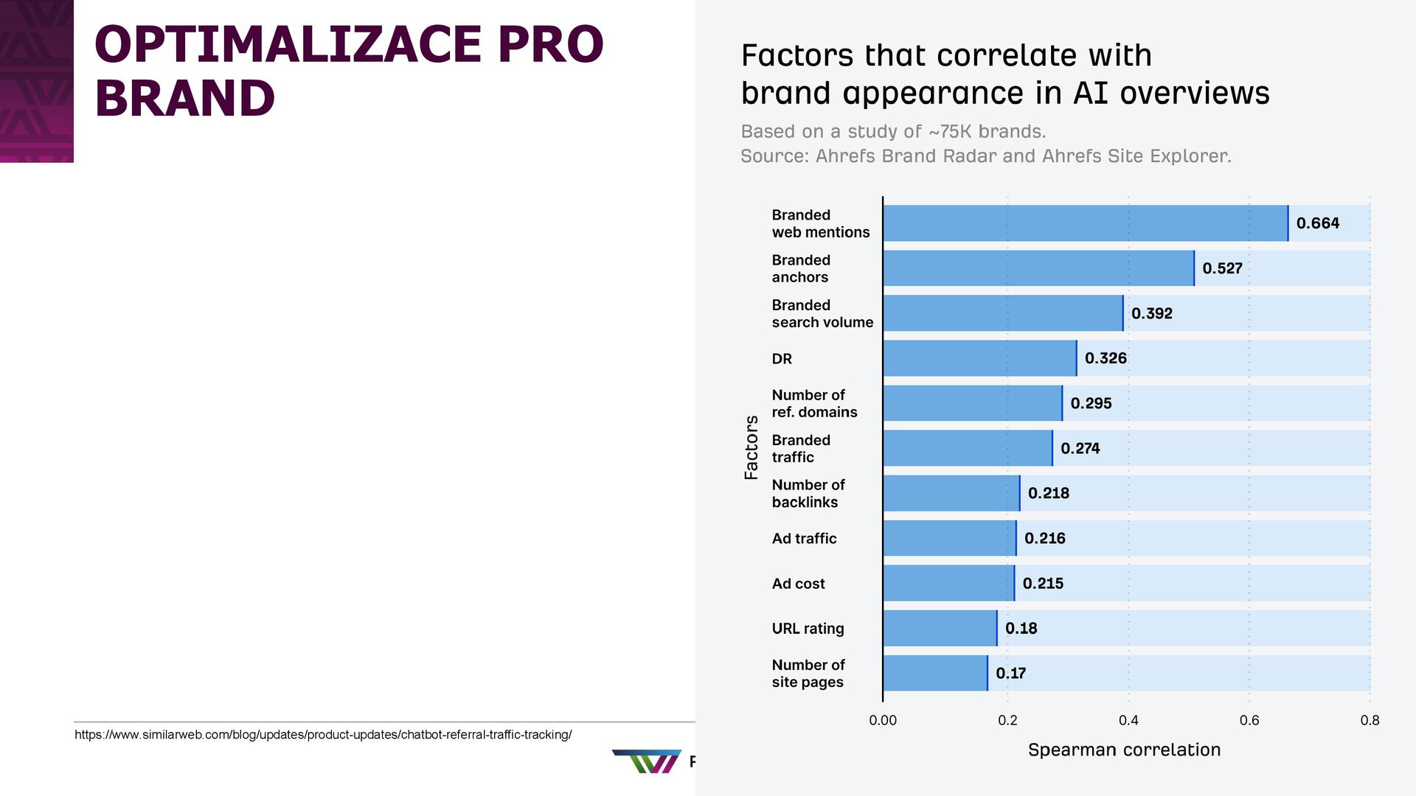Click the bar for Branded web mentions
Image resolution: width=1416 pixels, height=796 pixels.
point(1085,223)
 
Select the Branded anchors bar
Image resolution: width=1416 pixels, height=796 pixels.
point(1038,268)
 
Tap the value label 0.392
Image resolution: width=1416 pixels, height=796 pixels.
point(1151,313)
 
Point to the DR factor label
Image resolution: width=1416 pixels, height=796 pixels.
point(782,359)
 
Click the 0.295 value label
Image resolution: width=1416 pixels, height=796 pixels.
point(1091,403)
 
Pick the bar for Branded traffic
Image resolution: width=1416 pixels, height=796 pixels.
point(967,448)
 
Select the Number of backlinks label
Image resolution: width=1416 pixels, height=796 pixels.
point(808,493)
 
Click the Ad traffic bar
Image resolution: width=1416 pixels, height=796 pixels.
point(949,538)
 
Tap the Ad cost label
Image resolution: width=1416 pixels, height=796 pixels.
point(798,584)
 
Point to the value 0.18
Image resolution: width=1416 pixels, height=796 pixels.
point(1021,628)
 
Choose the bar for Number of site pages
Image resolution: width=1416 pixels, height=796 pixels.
point(934,673)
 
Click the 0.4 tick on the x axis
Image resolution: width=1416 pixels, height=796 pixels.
point(1128,720)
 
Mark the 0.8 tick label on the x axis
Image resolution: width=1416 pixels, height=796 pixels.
point(1370,720)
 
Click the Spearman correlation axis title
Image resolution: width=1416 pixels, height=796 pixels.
point(1124,750)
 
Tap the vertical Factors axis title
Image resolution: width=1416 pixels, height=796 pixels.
point(751,447)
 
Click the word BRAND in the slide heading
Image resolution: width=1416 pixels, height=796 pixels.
point(184,98)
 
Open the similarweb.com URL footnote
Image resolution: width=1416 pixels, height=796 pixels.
point(323,735)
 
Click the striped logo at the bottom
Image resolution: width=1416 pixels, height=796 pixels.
point(647,761)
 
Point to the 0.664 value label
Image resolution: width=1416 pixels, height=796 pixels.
point(1317,223)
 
